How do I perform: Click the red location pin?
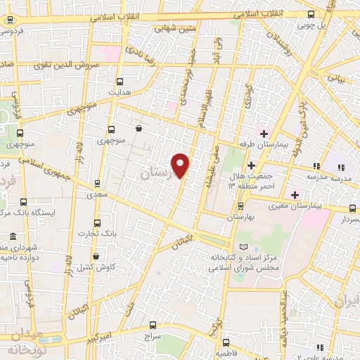click(x=182, y=165)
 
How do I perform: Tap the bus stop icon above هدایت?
click(x=119, y=81)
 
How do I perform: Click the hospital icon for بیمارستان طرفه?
click(x=264, y=134)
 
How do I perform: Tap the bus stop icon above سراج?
click(x=154, y=324)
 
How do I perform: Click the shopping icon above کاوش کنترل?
click(x=96, y=256)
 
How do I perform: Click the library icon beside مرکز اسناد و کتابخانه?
click(x=243, y=247)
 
